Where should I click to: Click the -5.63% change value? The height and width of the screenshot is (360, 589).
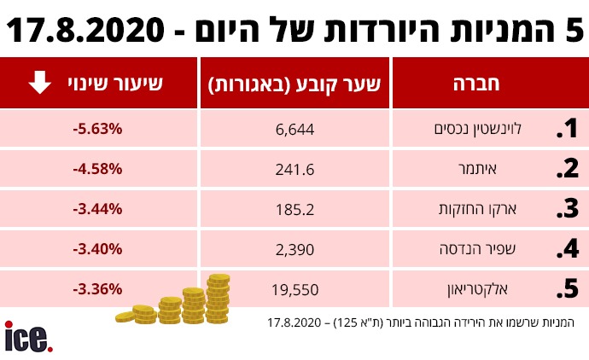(98, 129)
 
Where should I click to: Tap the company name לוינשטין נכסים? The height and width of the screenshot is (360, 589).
(489, 129)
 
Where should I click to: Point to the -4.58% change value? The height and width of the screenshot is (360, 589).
(98, 168)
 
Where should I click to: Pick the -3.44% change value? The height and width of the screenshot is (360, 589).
(98, 208)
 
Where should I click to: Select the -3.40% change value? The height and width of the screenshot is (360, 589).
(98, 248)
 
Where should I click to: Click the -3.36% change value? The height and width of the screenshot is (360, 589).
(98, 287)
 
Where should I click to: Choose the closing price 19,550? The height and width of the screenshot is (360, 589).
(295, 289)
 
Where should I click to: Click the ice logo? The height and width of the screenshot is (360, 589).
(28, 337)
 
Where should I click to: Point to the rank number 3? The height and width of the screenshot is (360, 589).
(567, 209)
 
